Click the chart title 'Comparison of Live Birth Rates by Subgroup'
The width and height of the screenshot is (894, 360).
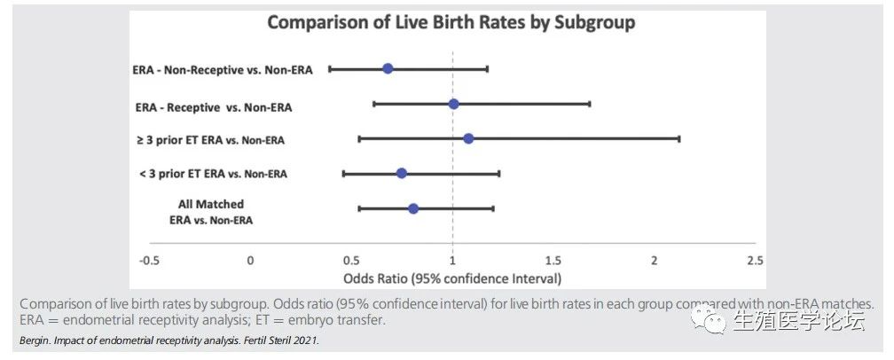451,23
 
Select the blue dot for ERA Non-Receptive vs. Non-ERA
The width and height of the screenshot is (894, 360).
388,68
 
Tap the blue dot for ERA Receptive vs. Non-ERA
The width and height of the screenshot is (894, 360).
453,104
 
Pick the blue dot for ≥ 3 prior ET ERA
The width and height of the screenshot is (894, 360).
468,138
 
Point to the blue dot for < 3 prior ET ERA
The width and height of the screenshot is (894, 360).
402,173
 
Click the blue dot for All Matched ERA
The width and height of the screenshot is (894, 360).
413,208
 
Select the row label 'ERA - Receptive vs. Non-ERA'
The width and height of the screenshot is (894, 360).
214,107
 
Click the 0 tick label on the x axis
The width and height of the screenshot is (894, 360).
250,261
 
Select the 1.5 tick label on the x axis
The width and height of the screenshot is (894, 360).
553,261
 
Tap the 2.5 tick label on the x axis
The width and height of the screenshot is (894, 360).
755,261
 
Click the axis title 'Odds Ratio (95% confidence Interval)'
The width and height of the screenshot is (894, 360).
452,278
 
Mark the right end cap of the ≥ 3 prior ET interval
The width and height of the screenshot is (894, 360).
679,138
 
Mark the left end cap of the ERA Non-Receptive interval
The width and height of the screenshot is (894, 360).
330,68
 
